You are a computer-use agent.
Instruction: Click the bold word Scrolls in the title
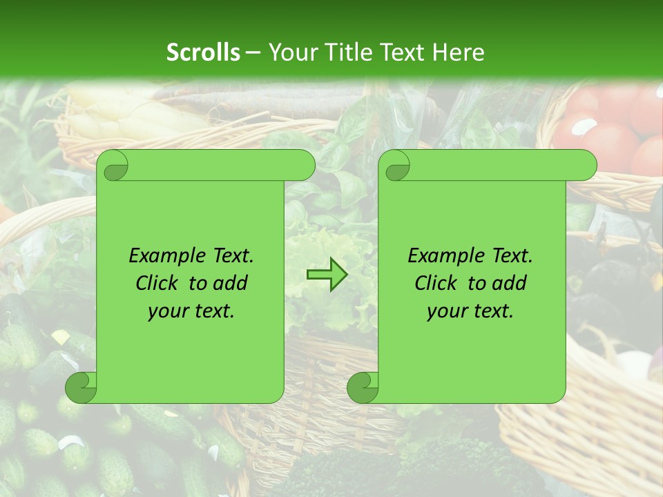point(203,52)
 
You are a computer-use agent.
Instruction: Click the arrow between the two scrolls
point(327,275)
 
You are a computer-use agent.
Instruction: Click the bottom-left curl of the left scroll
point(81,387)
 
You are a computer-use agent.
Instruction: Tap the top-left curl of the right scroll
point(396,166)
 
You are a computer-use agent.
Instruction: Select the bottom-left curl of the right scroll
point(363,387)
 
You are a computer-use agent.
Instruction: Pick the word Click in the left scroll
point(157,283)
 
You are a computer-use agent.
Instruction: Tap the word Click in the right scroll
point(436,283)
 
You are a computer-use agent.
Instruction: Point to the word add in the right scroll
point(508,283)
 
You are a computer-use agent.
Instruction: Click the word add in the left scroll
point(229,283)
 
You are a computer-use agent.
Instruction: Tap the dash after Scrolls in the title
point(253,53)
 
